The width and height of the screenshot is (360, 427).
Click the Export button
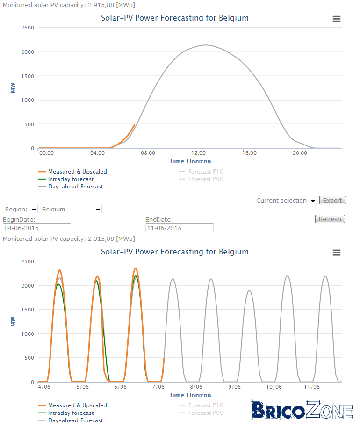[332, 201]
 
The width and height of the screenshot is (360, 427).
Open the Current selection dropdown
[285, 201]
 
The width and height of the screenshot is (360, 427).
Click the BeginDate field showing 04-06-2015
[37, 228]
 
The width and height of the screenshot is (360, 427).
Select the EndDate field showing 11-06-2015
[180, 228]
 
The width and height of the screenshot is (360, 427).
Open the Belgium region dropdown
[71, 209]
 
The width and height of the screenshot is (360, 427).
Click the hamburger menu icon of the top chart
[337, 19]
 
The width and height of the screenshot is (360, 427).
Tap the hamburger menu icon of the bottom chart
[337, 253]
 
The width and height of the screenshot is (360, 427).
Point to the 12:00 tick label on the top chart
[199, 153]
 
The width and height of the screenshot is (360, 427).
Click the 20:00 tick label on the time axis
[300, 153]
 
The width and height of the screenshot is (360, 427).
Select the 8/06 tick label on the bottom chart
[196, 387]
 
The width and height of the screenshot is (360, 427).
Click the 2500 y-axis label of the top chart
[28, 28]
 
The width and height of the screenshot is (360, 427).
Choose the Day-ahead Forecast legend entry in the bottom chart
[71, 420]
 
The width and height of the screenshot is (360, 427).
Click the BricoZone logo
[302, 410]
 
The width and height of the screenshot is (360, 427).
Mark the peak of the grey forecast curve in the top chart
[205, 45]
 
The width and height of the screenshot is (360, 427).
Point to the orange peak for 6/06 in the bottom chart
[136, 268]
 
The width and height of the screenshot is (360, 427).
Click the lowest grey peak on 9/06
[249, 290]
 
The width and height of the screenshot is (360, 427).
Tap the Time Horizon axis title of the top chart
[190, 161]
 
